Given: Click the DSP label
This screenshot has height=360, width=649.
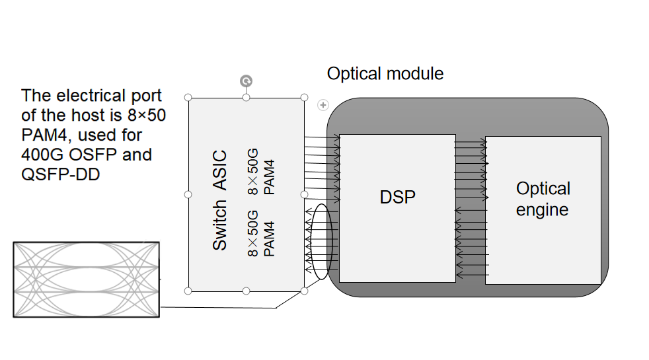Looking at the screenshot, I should pyautogui.click(x=398, y=196).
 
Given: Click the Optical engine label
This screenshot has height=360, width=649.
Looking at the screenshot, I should pyautogui.click(x=543, y=199).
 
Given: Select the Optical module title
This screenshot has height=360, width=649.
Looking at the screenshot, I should pyautogui.click(x=385, y=73).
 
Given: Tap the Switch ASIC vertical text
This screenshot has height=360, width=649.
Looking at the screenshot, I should pyautogui.click(x=219, y=201).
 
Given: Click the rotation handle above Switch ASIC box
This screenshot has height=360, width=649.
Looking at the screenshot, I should pyautogui.click(x=246, y=81).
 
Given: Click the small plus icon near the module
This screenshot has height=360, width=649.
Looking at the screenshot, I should pyautogui.click(x=323, y=104).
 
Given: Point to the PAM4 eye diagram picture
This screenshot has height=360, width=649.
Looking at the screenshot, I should pyautogui.click(x=86, y=279).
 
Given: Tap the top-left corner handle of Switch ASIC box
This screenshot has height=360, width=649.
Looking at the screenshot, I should pyautogui.click(x=188, y=98).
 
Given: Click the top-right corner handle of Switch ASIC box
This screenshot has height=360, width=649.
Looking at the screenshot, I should pyautogui.click(x=304, y=98).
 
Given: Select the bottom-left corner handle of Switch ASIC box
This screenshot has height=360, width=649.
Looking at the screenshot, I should pyautogui.click(x=188, y=291).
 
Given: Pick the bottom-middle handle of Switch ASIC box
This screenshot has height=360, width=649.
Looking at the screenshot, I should pyautogui.click(x=246, y=291).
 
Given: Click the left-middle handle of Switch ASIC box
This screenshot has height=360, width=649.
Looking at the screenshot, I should pyautogui.click(x=188, y=194).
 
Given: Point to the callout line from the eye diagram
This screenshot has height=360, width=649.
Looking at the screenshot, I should pyautogui.click(x=218, y=307).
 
